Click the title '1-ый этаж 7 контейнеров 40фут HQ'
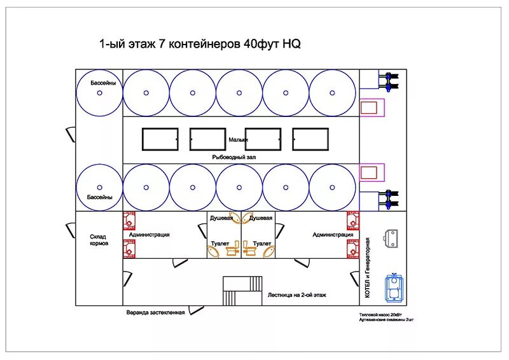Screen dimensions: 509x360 (x=199, y=45)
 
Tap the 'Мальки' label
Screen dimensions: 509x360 (x=239, y=139)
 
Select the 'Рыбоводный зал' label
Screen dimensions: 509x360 (x=234, y=156)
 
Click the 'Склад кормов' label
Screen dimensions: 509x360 (x=99, y=240)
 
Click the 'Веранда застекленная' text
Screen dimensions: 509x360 (x=155, y=312)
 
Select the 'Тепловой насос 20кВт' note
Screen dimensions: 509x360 (x=381, y=315)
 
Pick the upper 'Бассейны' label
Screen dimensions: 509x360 (x=100, y=83)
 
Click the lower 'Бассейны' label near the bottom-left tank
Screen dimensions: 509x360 (x=100, y=197)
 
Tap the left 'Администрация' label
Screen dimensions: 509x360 (x=149, y=235)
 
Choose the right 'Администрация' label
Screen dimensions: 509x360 (x=332, y=235)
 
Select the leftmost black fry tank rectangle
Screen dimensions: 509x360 (x=160, y=139)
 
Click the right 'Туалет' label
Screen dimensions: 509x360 (x=261, y=244)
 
